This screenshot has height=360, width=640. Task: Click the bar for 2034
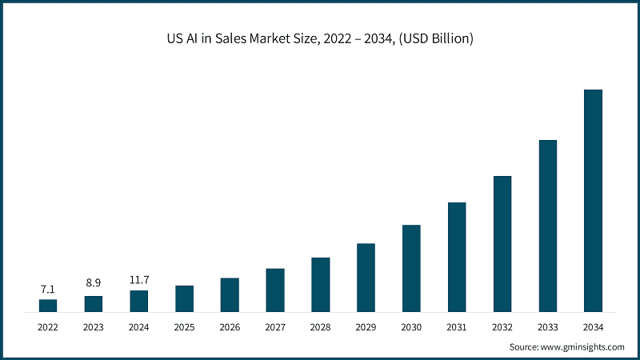click(x=593, y=200)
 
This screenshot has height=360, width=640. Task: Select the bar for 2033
click(x=547, y=226)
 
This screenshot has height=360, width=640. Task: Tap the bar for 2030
click(x=411, y=268)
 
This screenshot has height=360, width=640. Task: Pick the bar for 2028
click(x=321, y=284)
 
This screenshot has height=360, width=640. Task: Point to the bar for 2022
click(x=48, y=305)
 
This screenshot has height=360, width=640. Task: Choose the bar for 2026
click(x=230, y=294)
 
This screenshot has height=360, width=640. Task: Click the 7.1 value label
click(x=48, y=288)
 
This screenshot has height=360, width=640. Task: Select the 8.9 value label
click(x=94, y=284)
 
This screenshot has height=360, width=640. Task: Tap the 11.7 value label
click(x=139, y=279)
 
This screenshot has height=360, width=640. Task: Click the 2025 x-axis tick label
click(x=184, y=327)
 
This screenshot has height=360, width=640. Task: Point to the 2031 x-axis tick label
click(x=457, y=327)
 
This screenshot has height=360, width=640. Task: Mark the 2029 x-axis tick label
click(x=366, y=327)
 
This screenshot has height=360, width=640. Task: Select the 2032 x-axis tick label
click(x=502, y=327)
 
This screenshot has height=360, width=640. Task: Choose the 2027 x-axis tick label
click(x=275, y=327)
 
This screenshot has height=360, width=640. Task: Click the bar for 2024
click(x=139, y=301)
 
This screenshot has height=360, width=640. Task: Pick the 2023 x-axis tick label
click(x=94, y=327)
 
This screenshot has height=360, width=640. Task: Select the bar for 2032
click(x=502, y=243)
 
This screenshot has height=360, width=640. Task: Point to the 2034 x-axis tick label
click(x=593, y=327)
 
